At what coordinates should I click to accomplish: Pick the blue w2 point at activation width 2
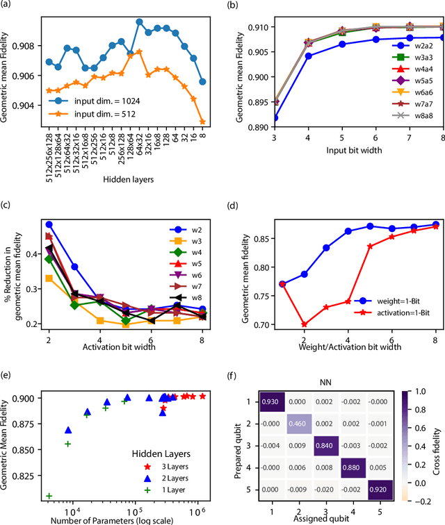[49, 224]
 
